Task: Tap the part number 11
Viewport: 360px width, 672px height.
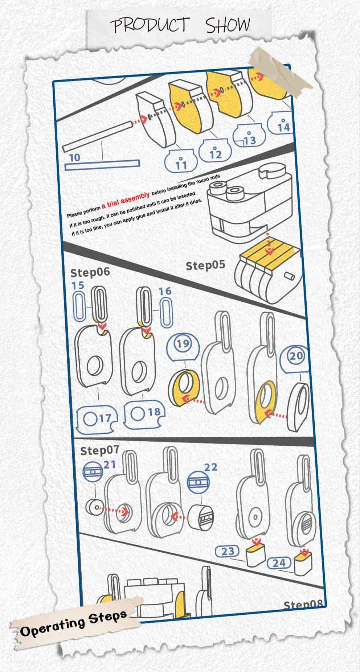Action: pos(181,165)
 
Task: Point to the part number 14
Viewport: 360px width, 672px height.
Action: pos(283,127)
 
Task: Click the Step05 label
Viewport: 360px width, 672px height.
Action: pos(205,265)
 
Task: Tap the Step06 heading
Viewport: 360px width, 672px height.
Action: pos(90,272)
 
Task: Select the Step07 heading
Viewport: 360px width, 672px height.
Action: pos(100,450)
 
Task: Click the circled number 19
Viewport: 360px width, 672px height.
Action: pos(182,343)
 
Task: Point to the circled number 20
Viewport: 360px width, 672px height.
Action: pos(296,356)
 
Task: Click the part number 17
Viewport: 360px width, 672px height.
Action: pos(105,419)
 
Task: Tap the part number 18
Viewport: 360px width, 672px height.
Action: pos(154,412)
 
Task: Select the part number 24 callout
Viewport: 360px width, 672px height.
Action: pos(279,563)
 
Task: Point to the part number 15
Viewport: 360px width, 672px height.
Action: pos(78,285)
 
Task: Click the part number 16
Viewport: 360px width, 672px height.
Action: pos(165,291)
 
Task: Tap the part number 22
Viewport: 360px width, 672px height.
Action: pos(210,467)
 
